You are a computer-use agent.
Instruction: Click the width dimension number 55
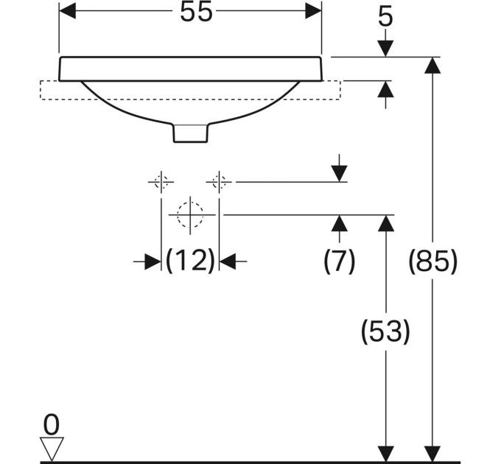[x=196, y=12]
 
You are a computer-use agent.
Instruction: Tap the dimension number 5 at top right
[x=385, y=17]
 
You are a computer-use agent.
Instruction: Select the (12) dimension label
[x=190, y=261]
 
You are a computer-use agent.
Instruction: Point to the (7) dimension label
[x=340, y=261]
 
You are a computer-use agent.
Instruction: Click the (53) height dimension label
[x=385, y=331]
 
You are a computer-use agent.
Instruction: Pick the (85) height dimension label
[x=433, y=261]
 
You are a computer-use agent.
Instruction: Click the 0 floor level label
[x=51, y=424]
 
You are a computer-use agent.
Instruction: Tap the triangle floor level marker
[x=52, y=449]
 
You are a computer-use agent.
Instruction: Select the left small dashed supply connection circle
[x=161, y=182]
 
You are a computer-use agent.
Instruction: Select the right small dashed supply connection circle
[x=219, y=182]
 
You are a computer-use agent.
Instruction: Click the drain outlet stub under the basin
[x=190, y=133]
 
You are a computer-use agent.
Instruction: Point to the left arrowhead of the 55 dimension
[x=68, y=11]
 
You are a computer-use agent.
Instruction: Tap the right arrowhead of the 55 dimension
[x=313, y=11]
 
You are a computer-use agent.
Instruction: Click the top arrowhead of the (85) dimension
[x=432, y=66]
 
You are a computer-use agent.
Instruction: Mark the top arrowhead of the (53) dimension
[x=385, y=223]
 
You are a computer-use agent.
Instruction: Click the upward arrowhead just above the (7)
[x=340, y=223]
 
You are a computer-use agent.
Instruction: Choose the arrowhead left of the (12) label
[x=153, y=261]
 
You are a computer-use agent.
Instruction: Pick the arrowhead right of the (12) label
[x=228, y=261]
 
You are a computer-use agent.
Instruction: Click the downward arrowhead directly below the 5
[x=385, y=49]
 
